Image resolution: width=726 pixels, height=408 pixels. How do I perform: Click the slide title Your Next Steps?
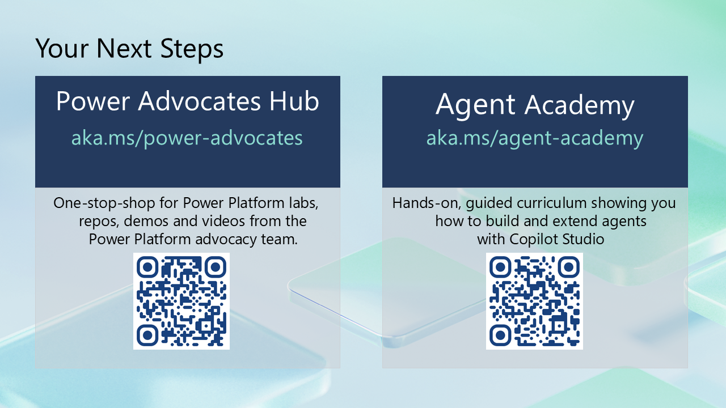tap(129, 49)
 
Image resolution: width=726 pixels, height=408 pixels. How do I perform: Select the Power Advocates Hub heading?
tap(188, 101)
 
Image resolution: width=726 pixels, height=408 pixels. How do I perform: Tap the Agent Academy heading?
tap(535, 105)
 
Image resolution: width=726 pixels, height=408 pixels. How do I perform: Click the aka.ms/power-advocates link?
tap(187, 138)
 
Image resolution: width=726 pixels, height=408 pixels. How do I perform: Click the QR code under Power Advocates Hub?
tap(181, 301)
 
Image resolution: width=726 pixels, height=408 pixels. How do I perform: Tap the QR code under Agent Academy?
tap(534, 301)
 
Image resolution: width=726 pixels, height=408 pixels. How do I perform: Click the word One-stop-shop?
tap(104, 203)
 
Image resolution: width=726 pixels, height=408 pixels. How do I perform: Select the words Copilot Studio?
tap(557, 240)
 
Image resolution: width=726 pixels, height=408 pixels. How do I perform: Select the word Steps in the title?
tap(192, 49)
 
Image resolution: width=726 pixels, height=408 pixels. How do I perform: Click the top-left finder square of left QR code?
tap(147, 267)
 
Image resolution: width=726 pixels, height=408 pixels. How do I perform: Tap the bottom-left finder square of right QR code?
tap(500, 335)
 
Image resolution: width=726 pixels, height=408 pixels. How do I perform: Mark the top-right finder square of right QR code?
tap(568, 267)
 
